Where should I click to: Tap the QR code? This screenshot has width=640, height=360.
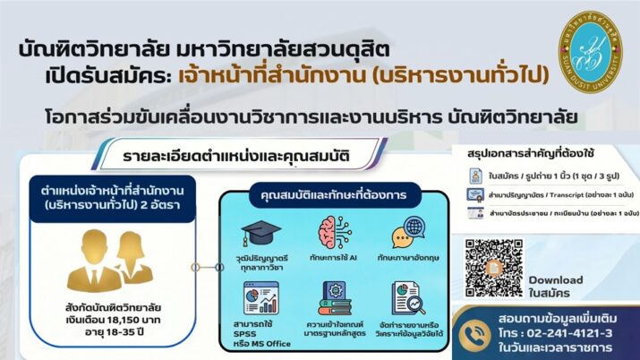(x=493, y=268)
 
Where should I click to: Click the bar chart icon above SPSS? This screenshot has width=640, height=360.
(x=262, y=297)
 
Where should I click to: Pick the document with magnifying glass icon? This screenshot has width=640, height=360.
(x=407, y=299)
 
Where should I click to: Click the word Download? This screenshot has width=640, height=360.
(x=555, y=279)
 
